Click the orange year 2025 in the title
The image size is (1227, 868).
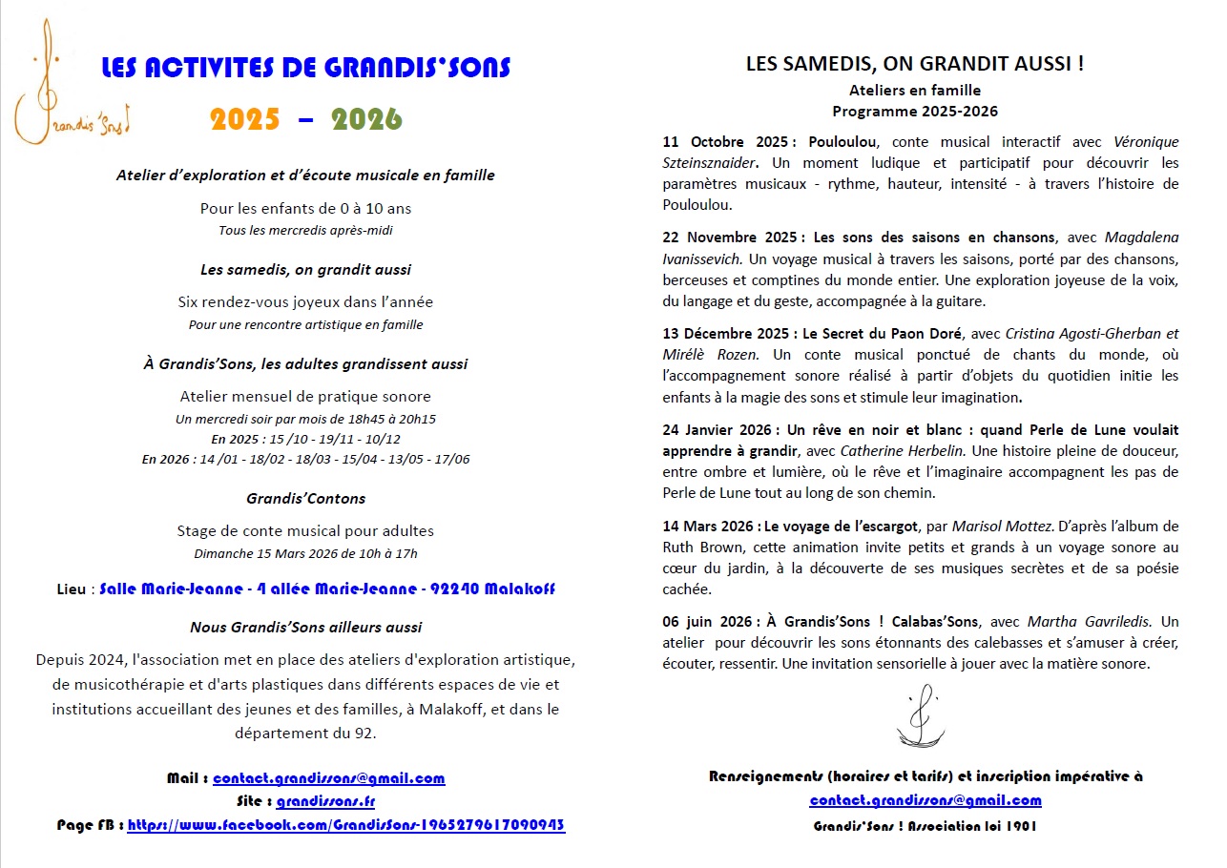(x=245, y=118)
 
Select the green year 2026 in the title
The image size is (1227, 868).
(x=367, y=118)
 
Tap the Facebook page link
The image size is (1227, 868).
(x=345, y=825)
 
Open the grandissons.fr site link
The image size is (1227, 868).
(x=325, y=802)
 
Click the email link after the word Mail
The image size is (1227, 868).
(x=328, y=778)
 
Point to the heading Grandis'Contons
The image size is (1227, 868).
(x=305, y=498)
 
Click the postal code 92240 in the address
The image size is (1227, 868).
(x=454, y=589)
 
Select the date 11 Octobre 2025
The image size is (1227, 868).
(x=724, y=142)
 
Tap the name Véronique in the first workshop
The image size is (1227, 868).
(x=1146, y=142)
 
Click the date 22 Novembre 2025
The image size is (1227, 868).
(x=732, y=238)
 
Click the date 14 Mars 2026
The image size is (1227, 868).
(x=710, y=526)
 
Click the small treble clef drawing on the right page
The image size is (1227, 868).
(x=920, y=715)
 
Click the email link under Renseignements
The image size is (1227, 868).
(x=925, y=800)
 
